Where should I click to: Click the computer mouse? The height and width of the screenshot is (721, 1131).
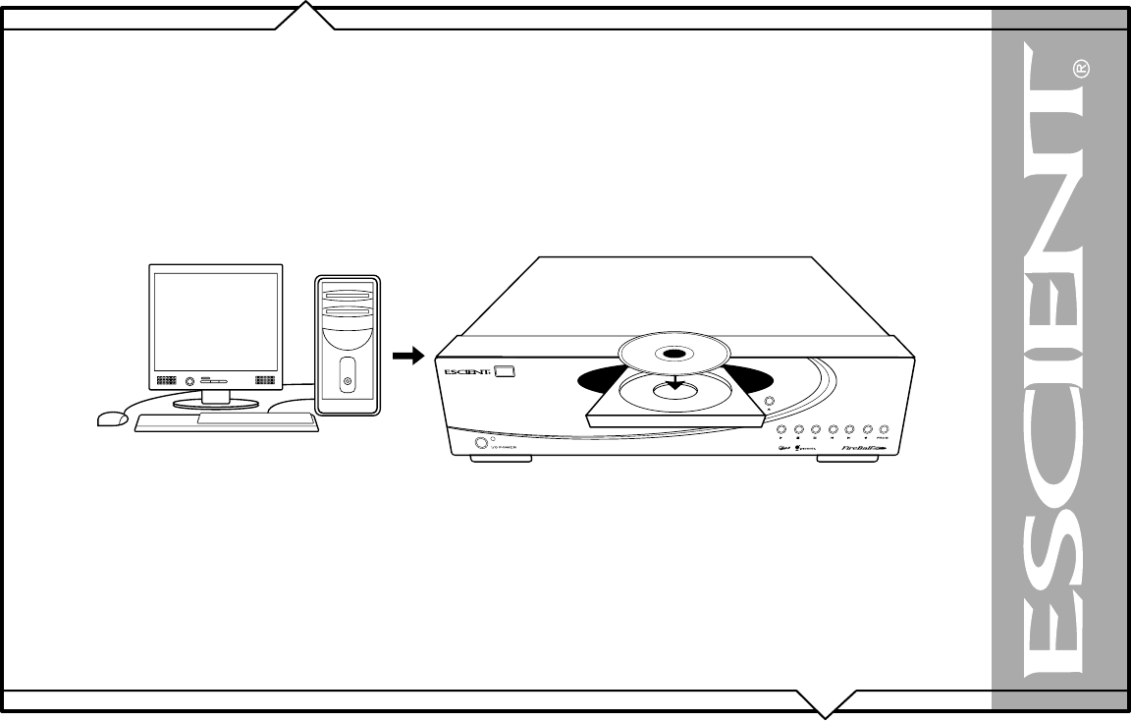(113, 418)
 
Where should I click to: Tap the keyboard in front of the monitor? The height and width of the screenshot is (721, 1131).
(226, 422)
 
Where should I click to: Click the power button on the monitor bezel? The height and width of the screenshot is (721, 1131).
(205, 379)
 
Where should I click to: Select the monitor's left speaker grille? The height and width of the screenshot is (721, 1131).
(165, 379)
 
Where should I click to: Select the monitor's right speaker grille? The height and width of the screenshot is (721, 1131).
(265, 379)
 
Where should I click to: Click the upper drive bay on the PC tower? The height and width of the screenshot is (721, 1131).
(347, 295)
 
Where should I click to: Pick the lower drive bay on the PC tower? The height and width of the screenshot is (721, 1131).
(347, 313)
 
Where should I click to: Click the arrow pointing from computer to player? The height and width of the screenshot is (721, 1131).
(406, 357)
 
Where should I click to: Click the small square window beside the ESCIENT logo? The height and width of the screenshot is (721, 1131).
(504, 372)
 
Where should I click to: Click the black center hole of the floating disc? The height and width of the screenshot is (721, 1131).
(673, 354)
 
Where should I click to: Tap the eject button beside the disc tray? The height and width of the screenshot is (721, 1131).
(770, 401)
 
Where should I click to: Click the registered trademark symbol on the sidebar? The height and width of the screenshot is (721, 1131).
(1080, 69)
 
